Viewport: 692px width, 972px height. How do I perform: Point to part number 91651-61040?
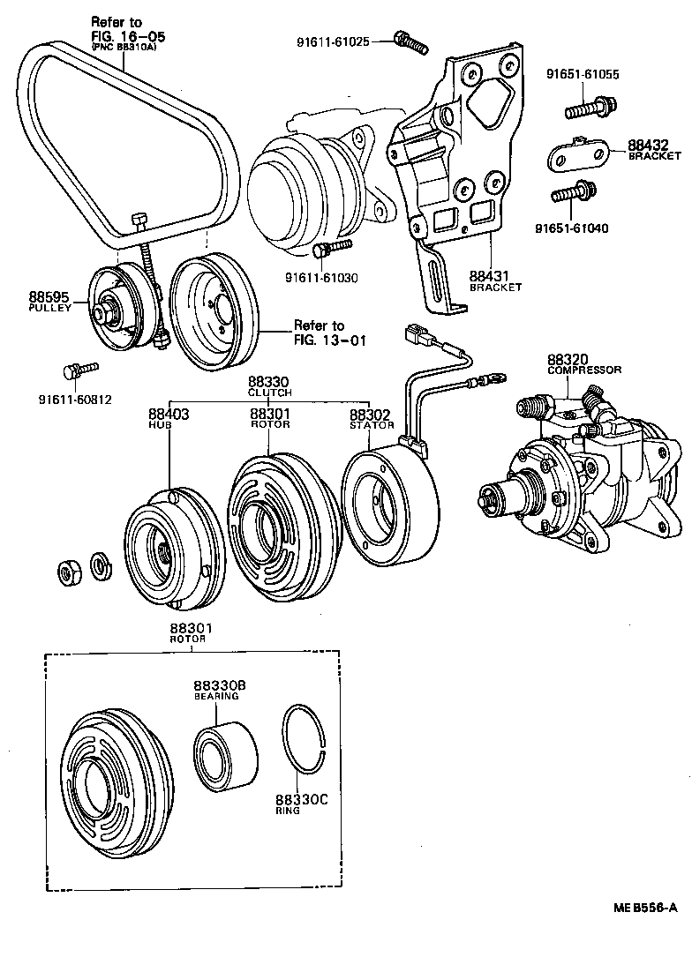tap(571, 228)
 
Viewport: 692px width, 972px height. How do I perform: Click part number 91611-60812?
tap(74, 400)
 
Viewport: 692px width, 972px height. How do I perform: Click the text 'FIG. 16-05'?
tap(128, 36)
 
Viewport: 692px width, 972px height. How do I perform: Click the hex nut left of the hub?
tap(68, 572)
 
